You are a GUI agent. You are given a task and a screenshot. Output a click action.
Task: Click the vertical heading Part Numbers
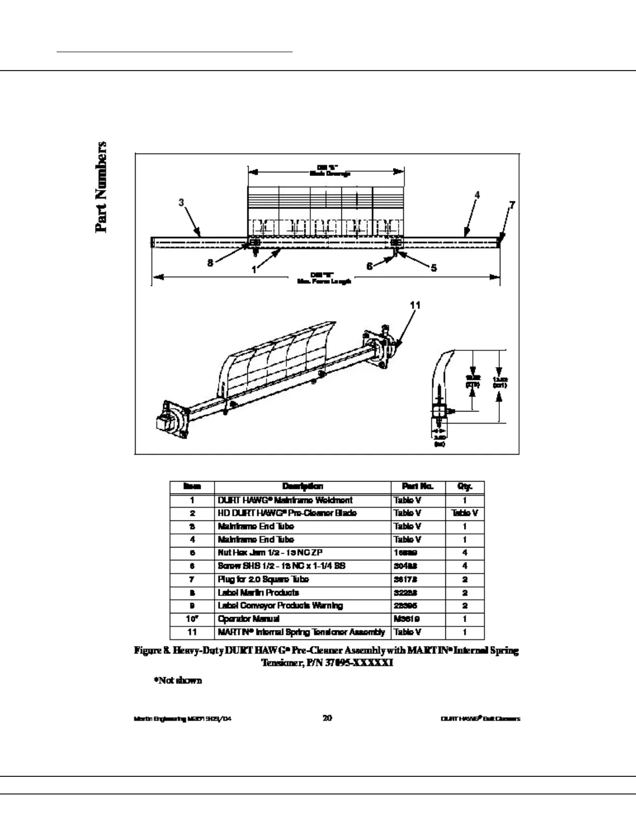[101, 187]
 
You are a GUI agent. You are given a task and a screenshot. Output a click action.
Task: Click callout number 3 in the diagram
[181, 202]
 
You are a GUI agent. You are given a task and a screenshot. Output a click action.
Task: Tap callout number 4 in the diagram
[476, 195]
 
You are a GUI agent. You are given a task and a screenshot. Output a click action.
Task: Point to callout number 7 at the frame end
[512, 204]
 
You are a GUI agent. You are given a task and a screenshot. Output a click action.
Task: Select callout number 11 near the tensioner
[415, 305]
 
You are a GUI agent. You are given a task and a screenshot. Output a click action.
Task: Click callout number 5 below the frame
[433, 268]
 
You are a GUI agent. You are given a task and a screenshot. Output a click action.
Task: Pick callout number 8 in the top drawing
[210, 263]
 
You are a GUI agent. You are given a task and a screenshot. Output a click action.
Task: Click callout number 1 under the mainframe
[254, 270]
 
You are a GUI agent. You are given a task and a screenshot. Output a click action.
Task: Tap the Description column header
[302, 487]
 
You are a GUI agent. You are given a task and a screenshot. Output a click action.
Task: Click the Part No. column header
[418, 487]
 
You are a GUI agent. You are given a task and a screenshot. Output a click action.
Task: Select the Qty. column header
[465, 487]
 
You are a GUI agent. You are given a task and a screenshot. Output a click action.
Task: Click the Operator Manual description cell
[248, 619]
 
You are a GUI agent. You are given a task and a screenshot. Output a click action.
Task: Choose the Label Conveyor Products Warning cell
[280, 606]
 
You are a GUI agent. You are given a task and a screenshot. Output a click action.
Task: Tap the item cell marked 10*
[192, 619]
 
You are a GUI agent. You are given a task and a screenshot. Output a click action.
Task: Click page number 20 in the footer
[327, 718]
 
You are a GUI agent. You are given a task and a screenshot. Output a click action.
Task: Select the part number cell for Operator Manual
[407, 619]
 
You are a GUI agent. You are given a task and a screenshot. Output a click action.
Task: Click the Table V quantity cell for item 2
[465, 513]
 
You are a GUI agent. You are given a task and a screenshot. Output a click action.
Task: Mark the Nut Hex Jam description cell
[270, 553]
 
